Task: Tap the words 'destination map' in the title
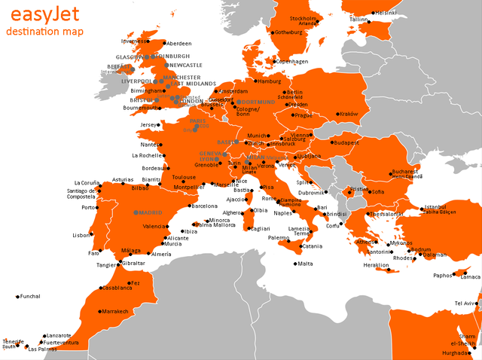(x=44, y=32)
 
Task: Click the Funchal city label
(x=30, y=296)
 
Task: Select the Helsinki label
(x=386, y=13)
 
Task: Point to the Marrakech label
(x=116, y=311)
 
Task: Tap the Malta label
(x=305, y=264)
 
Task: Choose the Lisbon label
(x=81, y=235)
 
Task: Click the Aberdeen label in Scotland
(x=179, y=44)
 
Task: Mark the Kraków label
(x=349, y=114)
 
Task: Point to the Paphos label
(x=443, y=275)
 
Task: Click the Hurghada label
(x=454, y=352)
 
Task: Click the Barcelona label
(x=205, y=206)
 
